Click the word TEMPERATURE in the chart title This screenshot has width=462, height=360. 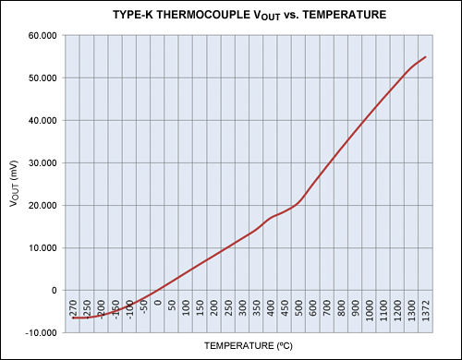click(345, 15)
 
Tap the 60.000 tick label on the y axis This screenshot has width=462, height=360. click(43, 36)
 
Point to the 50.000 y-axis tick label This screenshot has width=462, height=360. click(43, 78)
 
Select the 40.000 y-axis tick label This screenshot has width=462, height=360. click(43, 121)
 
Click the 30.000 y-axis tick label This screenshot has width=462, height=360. click(43, 163)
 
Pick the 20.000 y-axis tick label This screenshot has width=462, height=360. click(43, 206)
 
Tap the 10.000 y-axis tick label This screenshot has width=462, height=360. click(43, 248)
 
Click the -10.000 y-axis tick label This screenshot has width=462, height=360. click(42, 333)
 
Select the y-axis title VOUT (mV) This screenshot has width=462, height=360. click(14, 184)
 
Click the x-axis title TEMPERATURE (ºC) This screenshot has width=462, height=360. click(249, 346)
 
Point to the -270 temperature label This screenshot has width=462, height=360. click(73, 308)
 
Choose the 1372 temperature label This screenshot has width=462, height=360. click(426, 310)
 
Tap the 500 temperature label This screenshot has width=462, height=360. click(298, 308)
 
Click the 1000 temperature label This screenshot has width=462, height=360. click(370, 310)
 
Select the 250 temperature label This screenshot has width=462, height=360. click(228, 308)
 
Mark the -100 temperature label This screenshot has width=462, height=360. click(129, 309)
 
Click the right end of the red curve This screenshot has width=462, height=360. click(425, 56)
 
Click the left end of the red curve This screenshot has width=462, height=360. click(73, 318)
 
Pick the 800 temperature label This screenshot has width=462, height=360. click(341, 308)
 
